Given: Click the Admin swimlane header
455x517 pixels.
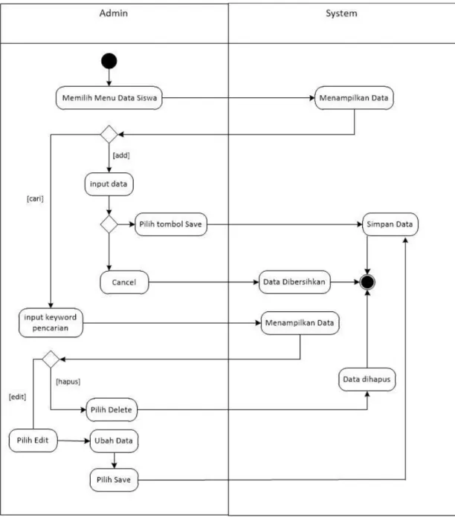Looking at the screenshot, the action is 114,13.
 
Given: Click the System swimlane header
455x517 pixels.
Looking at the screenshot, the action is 341,13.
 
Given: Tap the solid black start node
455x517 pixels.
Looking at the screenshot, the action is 109,61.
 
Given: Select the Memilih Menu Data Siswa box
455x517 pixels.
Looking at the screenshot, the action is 109,98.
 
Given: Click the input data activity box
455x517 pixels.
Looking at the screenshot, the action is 109,184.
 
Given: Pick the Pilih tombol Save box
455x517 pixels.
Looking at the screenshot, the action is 171,224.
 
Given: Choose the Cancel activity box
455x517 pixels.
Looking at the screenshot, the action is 124,282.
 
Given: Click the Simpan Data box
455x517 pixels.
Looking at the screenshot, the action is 390,224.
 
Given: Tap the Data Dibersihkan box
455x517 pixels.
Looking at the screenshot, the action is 294,282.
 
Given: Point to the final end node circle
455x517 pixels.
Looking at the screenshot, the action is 367,282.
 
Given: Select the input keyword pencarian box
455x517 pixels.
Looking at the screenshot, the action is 51,323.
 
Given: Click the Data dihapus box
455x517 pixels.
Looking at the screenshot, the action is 367,380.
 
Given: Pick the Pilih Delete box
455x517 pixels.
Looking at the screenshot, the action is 112,410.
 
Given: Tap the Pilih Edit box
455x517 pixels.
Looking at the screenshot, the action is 33,440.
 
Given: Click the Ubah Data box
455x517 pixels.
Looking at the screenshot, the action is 114,440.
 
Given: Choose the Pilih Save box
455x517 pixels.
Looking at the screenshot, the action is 114,480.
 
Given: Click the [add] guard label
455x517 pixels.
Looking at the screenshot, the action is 121,155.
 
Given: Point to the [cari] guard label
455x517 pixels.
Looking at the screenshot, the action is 35,198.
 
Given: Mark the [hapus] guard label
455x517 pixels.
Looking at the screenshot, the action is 68,382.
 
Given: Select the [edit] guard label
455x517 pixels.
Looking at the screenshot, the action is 18,397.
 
